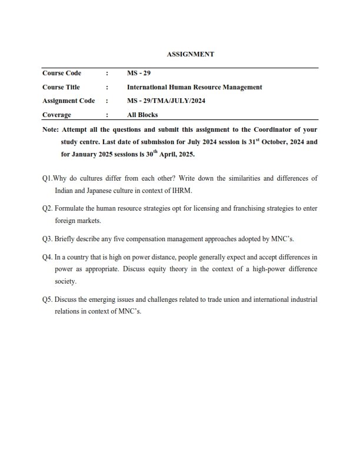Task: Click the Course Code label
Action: coord(62,74)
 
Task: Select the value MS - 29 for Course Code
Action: coord(139,74)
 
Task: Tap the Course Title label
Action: coord(61,87)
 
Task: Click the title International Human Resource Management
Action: coord(195,87)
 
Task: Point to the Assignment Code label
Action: coord(69,101)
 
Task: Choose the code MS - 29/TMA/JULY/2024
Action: coord(164,101)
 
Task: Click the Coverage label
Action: coord(56,115)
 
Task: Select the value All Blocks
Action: coord(142,115)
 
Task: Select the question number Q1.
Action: coord(47,178)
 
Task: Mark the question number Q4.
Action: coord(48,257)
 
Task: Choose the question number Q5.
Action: coord(48,299)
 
